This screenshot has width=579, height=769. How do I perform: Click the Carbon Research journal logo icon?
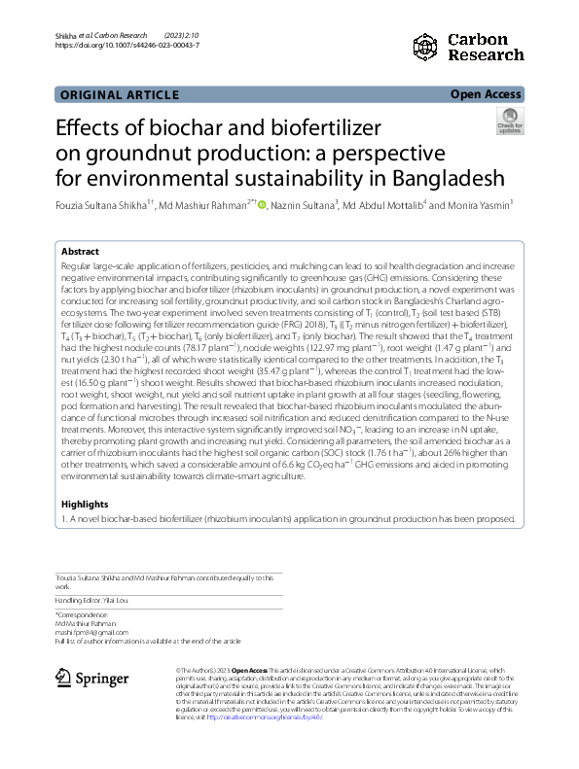pyautogui.click(x=426, y=47)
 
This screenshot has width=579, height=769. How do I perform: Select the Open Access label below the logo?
pyautogui.click(x=486, y=94)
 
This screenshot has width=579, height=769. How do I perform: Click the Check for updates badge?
pyautogui.click(x=509, y=121)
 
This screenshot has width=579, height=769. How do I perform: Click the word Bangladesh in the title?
pyautogui.click(x=447, y=178)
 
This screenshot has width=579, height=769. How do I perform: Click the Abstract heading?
pyautogui.click(x=81, y=250)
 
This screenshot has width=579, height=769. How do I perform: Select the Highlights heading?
pyautogui.click(x=85, y=505)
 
